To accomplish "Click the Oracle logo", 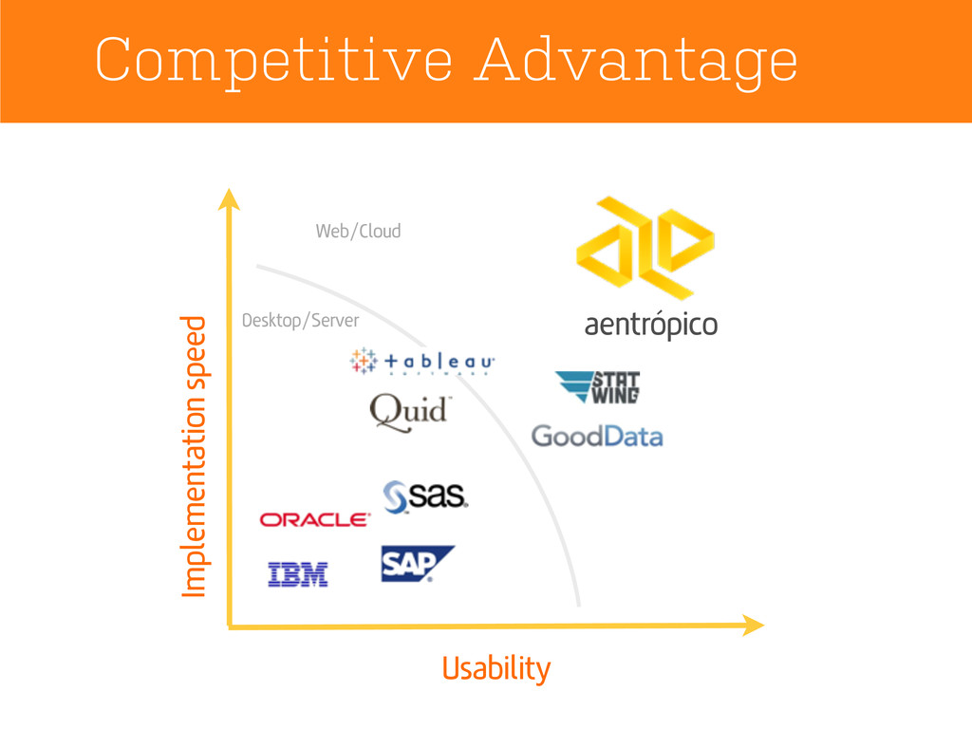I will pos(314,519).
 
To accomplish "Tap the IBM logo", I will pos(297,574).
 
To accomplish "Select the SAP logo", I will pos(415,563).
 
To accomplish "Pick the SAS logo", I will pos(425,496).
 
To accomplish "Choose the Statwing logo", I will pos(598,387).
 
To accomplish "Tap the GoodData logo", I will pos(596,436).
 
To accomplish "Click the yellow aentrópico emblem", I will pos(645,247).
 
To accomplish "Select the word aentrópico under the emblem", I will pos(650,326).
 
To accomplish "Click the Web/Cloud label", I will pos(358,231).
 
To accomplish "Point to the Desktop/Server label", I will pos(301,320).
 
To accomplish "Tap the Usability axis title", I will pos(495,668).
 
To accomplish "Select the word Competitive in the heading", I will pos(272,61).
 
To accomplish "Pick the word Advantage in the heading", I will pos(638,63).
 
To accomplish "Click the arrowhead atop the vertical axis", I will pos(228,199).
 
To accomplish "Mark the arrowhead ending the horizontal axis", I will pos(753,625).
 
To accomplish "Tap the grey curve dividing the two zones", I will pos(532,456).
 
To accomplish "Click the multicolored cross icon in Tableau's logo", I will pos(362,362).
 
